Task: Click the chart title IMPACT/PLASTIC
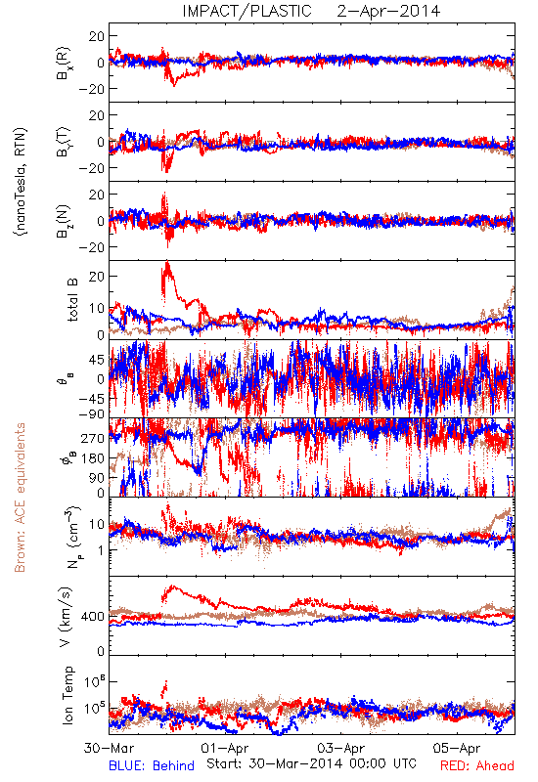(247, 11)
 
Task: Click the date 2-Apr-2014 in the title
(388, 11)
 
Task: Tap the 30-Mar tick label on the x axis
(109, 748)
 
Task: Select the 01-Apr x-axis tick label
(225, 748)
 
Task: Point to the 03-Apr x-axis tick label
(340, 748)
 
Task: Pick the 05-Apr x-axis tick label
(457, 748)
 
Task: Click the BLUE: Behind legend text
(152, 765)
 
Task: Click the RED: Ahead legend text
(477, 765)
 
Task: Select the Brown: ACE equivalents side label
(20, 498)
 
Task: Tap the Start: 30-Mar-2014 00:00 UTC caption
(311, 763)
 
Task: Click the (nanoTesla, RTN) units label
(21, 182)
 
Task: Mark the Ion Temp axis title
(67, 695)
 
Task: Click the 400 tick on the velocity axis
(93, 617)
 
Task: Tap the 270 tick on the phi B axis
(93, 438)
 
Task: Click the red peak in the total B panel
(167, 262)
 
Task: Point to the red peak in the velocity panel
(173, 586)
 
